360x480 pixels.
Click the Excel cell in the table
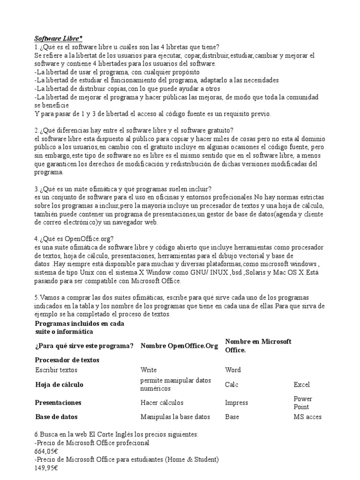click(x=301, y=385)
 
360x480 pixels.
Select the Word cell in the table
click(x=233, y=370)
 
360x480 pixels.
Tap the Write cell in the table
click(x=149, y=370)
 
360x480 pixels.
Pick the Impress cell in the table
click(x=237, y=403)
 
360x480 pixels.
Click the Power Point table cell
click(x=303, y=403)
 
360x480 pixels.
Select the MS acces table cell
click(x=307, y=417)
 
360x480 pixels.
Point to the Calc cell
click(x=232, y=385)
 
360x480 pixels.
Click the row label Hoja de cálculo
click(x=59, y=385)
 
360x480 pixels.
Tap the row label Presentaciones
click(x=58, y=403)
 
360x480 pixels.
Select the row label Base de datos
click(x=56, y=417)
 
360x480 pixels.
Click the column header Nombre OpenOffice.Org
click(x=180, y=346)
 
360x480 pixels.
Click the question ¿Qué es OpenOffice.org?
click(x=74, y=239)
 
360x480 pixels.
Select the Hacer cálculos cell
click(x=162, y=403)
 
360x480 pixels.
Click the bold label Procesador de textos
click(x=67, y=360)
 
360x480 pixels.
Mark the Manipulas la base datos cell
click(x=175, y=417)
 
